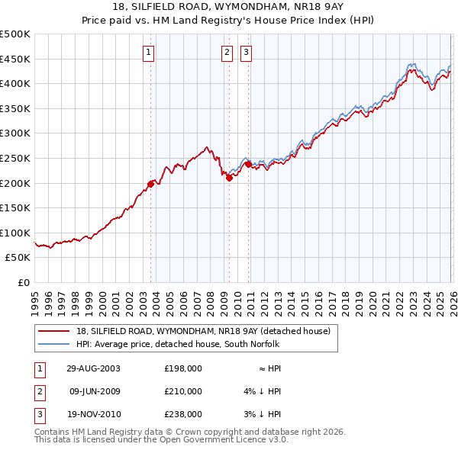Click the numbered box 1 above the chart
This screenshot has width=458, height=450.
(x=148, y=53)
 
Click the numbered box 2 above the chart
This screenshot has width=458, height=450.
(x=227, y=53)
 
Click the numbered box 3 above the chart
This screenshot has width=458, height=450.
(x=247, y=53)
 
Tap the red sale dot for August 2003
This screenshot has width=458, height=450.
(x=150, y=183)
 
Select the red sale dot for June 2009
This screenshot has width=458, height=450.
(x=229, y=178)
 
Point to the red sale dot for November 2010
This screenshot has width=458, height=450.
(x=248, y=164)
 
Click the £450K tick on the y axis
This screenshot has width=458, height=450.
(x=15, y=59)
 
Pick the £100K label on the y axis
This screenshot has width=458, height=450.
(x=15, y=233)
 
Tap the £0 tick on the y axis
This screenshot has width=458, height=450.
(x=23, y=282)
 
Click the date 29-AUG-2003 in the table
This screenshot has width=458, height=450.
(x=93, y=368)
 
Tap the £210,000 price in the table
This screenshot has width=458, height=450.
(x=183, y=391)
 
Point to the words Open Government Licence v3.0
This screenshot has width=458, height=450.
(x=232, y=440)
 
